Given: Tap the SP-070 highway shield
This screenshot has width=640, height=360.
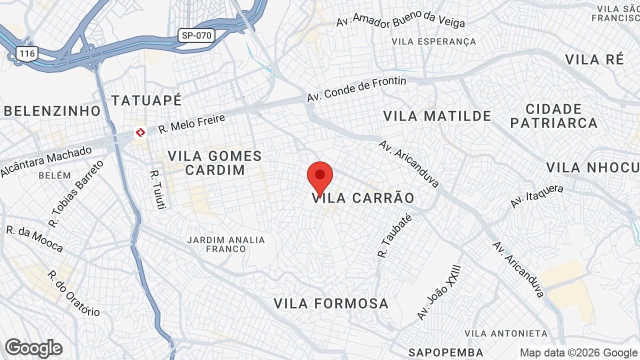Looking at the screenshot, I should [x=196, y=35].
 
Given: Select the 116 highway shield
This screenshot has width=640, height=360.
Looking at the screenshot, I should [x=26, y=53].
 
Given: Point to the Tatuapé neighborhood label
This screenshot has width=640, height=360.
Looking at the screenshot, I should [x=146, y=100].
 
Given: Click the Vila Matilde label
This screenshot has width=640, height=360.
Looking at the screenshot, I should [x=437, y=116].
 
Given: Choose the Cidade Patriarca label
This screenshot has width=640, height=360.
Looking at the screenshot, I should [x=554, y=116].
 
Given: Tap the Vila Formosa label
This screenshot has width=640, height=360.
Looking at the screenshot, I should [x=331, y=303].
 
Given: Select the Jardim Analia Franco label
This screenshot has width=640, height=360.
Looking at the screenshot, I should [x=226, y=244].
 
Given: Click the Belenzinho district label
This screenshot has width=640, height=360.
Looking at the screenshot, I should [x=52, y=111].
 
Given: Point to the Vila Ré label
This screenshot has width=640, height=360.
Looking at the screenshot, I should [x=594, y=59].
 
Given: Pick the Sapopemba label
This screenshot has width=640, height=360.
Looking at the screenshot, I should [x=446, y=352].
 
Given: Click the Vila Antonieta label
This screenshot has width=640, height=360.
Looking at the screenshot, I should [x=506, y=333].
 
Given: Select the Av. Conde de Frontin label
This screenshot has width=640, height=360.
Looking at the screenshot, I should [x=356, y=89].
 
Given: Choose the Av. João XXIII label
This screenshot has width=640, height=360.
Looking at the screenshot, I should [x=438, y=292].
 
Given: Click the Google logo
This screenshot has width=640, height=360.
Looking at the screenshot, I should [x=33, y=348].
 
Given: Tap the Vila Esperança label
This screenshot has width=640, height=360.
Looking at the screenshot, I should [x=434, y=41].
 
